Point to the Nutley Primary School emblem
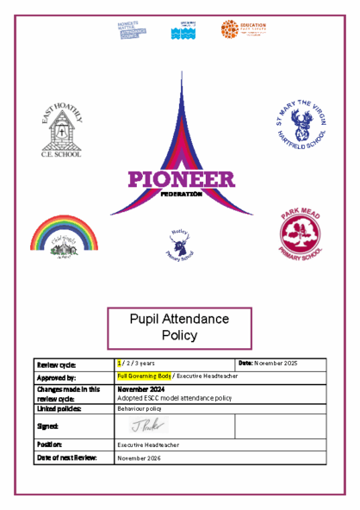pyautogui.click(x=178, y=244)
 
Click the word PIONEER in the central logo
pyautogui.click(x=181, y=180)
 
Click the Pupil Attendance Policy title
pyautogui.click(x=180, y=327)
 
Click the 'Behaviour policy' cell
pyautogui.click(x=140, y=409)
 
